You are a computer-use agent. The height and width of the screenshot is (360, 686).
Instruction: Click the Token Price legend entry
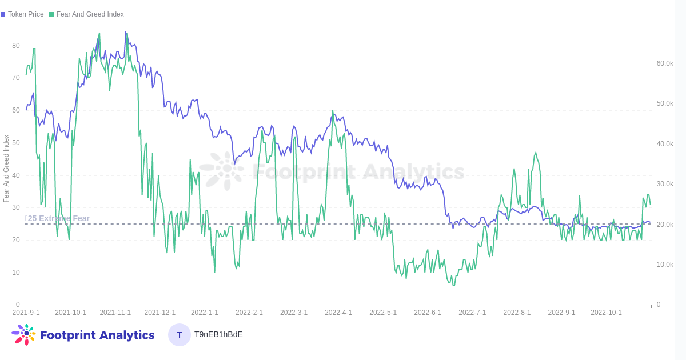coord(23,14)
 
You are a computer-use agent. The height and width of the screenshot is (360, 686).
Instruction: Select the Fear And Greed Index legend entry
coord(86,14)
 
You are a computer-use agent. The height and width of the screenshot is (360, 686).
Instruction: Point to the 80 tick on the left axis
coord(16,46)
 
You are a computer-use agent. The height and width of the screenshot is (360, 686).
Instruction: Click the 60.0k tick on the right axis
coord(664,63)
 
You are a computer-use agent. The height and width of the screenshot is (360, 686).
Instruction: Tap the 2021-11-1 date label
coord(115,313)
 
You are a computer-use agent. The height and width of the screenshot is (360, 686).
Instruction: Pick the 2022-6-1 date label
coord(428,313)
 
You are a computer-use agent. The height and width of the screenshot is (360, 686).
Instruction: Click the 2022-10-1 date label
coord(606,313)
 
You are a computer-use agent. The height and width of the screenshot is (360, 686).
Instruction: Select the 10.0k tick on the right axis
coord(664,265)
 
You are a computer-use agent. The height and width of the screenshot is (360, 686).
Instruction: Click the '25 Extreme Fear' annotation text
coord(58,218)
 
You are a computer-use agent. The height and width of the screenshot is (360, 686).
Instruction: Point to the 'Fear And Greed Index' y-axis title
coord(6,169)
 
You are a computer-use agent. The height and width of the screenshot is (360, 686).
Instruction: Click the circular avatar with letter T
coord(180,335)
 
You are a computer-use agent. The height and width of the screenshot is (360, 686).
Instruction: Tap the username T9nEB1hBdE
coord(218,334)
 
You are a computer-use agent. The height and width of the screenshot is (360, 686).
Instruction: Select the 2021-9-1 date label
coord(26,313)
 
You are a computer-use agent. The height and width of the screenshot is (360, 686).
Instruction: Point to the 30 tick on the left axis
coord(16,207)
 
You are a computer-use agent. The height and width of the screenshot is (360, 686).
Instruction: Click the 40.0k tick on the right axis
coord(664,144)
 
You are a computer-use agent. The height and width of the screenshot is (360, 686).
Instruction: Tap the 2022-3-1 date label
coord(294,313)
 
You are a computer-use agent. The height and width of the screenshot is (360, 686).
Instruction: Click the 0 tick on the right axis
coord(659,305)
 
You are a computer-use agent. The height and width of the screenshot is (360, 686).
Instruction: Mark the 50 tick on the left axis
coord(16,143)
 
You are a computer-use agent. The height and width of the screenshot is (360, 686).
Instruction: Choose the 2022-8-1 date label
coord(517,313)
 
